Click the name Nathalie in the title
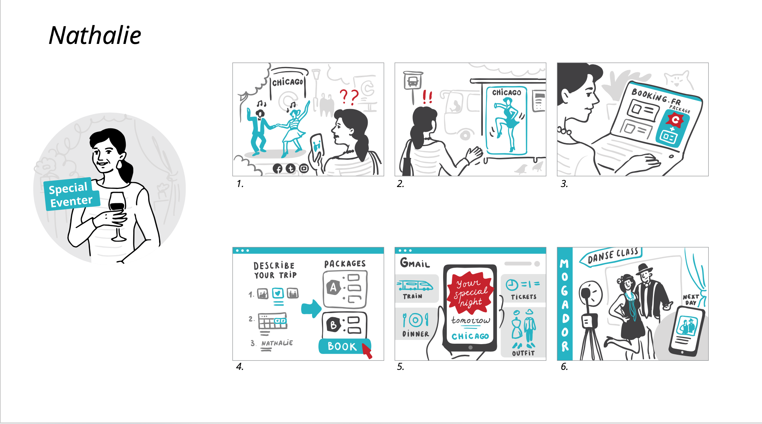click(95, 36)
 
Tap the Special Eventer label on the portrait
click(71, 194)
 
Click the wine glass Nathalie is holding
click(117, 216)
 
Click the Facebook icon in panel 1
click(278, 169)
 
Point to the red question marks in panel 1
click(349, 97)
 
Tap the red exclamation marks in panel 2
click(428, 97)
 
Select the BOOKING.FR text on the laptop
click(656, 97)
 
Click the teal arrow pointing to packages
click(311, 309)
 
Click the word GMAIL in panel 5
click(415, 263)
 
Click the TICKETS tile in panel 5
click(523, 288)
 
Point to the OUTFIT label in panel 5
click(523, 353)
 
